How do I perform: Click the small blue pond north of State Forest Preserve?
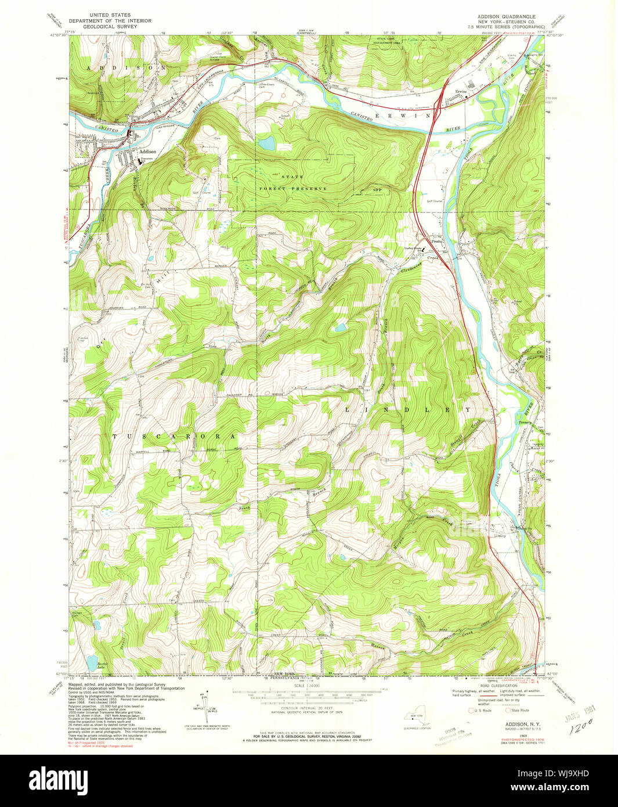pos(266,143)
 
